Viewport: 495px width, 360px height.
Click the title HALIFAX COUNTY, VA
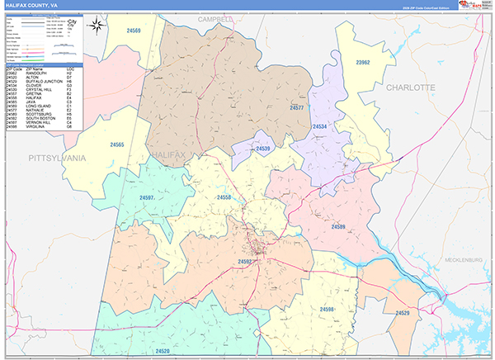coord(31,5)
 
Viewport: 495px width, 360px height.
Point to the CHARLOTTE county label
coord(411,87)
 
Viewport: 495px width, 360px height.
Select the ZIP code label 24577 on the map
coord(297,108)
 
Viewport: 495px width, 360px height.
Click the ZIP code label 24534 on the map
coord(320,126)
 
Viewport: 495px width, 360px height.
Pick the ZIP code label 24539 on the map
coord(263,149)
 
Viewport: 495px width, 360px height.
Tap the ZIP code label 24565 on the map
coord(117,145)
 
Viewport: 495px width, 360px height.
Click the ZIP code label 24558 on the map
coord(224,198)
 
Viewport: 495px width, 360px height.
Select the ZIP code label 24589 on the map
coord(338,226)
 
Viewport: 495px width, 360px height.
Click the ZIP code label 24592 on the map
coord(245,262)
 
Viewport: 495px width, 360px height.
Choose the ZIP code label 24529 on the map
coord(402,313)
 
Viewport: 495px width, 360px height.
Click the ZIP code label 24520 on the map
coord(162,351)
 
